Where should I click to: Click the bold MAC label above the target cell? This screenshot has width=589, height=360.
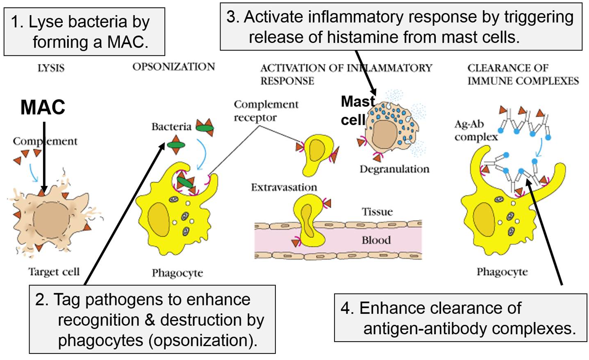[43, 107]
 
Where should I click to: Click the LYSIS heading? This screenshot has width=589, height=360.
[51, 68]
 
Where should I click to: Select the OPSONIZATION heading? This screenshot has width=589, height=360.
[173, 67]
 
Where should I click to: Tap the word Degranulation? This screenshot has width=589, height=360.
[394, 169]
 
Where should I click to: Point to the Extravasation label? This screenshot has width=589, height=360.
[284, 188]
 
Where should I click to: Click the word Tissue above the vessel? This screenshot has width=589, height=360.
[377, 212]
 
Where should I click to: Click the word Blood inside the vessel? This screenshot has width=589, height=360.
[376, 240]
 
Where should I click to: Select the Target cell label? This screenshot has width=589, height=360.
[54, 272]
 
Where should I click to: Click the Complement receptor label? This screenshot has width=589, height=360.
[266, 111]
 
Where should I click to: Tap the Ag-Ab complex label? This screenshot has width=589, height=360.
[475, 130]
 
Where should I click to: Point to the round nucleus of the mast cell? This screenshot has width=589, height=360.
[384, 136]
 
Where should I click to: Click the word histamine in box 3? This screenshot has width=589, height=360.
[362, 38]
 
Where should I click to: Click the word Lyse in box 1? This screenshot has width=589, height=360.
[41, 22]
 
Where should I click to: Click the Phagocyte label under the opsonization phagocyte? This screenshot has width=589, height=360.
[177, 273]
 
